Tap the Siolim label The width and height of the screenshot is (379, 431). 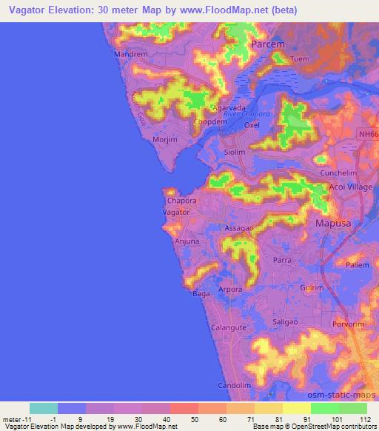click(235, 151)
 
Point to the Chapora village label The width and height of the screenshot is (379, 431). click(181, 200)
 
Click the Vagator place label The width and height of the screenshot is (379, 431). click(176, 212)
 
